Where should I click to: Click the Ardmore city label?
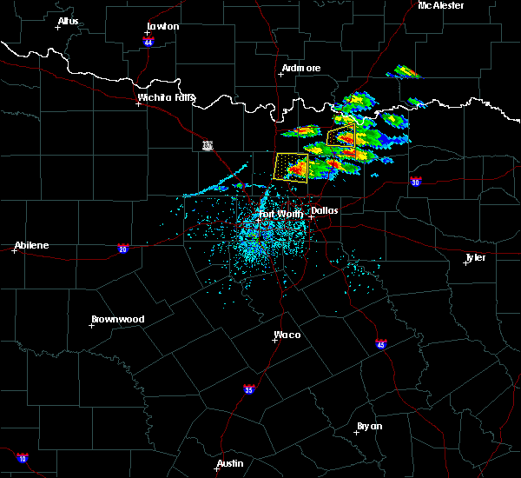pos(301,68)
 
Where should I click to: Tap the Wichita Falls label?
pos(167,97)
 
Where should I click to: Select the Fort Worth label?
pos(280,214)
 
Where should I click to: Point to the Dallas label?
pos(325,210)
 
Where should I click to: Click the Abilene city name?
pos(32,245)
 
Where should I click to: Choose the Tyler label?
pos(475,257)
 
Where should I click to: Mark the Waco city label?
pos(287,335)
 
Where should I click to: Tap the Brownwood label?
pos(117,319)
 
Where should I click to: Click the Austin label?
pos(230,463)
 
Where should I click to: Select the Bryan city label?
pos(369,426)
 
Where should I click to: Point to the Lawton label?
pos(162,26)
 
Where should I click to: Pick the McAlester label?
pos(441,5)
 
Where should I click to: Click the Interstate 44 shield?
pos(149,41)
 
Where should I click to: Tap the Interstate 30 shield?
pos(415,182)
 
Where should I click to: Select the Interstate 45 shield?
pos(381,344)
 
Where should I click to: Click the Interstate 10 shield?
pos(23,458)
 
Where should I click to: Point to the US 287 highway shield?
pos(207,145)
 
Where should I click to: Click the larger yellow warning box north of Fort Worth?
pos(291,166)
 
